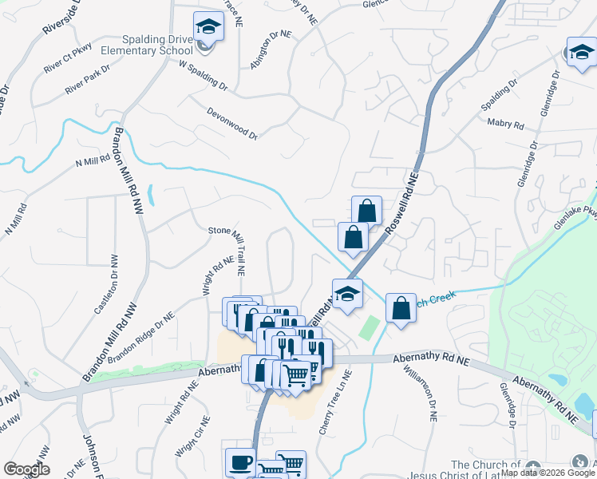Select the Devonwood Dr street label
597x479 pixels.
tap(232, 124)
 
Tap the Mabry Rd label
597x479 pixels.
tap(505, 125)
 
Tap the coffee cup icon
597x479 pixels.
tap(240, 462)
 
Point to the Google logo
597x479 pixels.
tap(26, 469)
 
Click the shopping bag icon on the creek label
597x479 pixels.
tap(401, 307)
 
